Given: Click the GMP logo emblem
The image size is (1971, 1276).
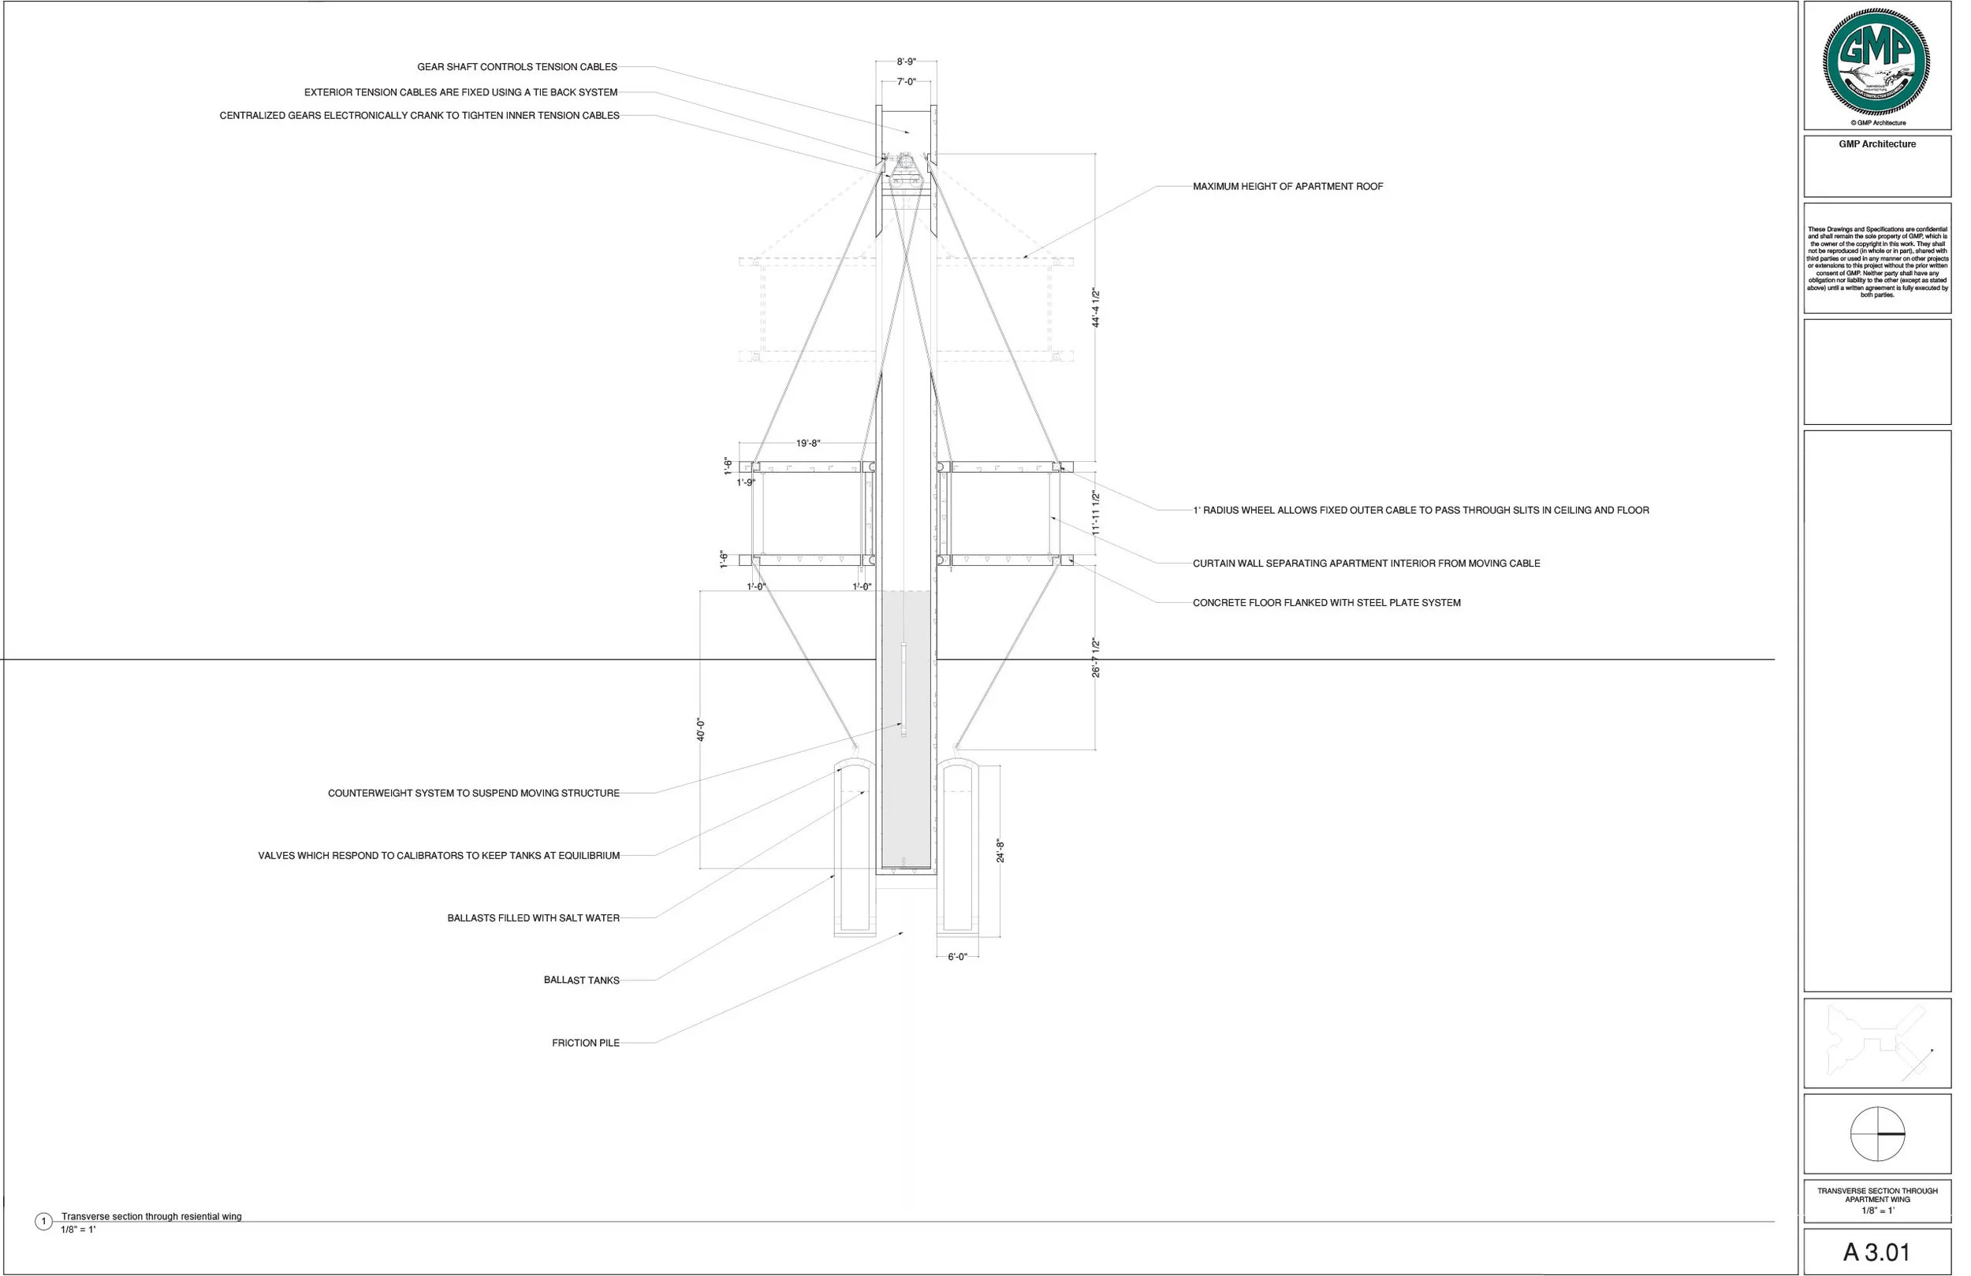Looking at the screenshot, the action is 1876,61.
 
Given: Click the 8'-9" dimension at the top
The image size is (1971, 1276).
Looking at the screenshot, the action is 906,62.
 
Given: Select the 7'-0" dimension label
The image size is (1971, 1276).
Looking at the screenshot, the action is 906,82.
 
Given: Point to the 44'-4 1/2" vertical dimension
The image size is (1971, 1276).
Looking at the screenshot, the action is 1096,308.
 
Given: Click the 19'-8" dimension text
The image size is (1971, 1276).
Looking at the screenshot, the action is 808,444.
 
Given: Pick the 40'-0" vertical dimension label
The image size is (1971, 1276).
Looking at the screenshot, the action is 701,730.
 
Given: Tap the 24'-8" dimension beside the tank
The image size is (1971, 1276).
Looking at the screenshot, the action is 1000,850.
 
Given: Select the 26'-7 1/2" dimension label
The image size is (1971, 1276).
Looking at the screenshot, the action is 1096,657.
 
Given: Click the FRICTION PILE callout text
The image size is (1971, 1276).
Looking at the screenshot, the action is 586,1043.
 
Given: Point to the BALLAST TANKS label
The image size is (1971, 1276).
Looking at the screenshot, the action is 581,980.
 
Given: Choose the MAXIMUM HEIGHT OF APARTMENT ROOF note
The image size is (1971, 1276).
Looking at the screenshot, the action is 1287,187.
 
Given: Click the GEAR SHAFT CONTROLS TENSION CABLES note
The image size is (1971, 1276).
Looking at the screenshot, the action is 516,67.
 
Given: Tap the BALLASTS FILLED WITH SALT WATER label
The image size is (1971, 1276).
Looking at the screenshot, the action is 533,918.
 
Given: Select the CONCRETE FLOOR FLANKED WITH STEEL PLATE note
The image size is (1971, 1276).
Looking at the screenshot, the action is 1326,603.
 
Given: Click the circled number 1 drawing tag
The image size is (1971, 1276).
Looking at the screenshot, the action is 44,1222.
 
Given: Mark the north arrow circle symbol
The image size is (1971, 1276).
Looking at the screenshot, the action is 1876,1133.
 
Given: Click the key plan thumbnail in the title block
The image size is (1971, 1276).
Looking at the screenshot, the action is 1876,1043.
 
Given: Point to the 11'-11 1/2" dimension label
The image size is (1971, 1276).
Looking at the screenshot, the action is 1096,512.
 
